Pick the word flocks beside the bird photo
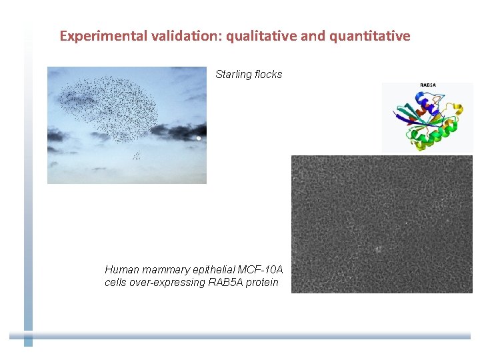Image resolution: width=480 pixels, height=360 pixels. (268, 75)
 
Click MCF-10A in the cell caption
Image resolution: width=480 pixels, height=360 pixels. (261, 270)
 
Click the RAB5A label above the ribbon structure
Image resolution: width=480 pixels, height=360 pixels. (427, 85)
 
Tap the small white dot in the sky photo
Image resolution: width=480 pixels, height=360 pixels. (199, 138)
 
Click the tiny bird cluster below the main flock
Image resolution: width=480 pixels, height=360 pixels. (137, 155)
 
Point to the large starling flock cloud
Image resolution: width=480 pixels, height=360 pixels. (113, 107)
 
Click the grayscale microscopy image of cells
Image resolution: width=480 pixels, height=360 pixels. (381, 224)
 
